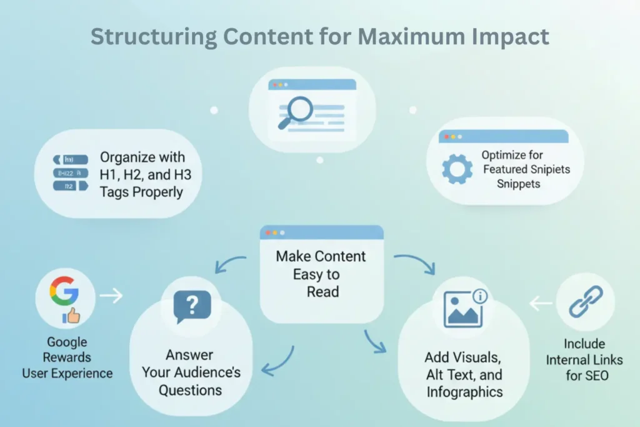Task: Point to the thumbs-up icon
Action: click(71, 316)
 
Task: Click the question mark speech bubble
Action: click(192, 306)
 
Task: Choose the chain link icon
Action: click(586, 302)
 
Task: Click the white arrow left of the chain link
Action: click(541, 304)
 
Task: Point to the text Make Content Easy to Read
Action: click(321, 274)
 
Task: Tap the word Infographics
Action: click(464, 392)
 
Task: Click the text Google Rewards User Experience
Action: click(67, 358)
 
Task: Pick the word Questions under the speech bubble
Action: click(190, 390)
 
